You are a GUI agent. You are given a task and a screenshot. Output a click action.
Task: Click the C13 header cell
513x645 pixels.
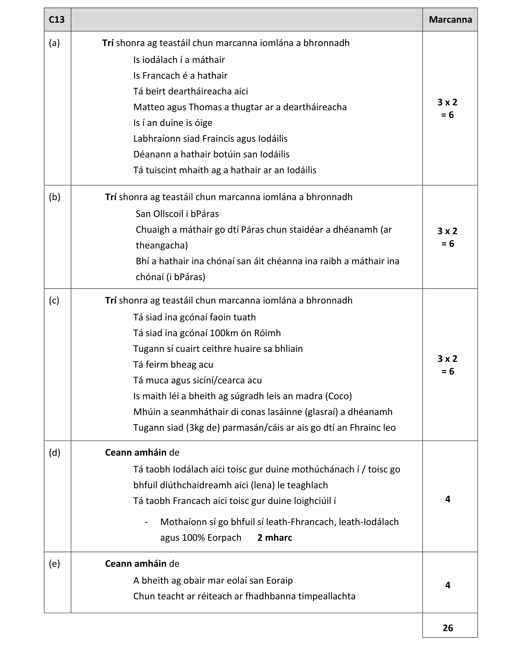click(57, 20)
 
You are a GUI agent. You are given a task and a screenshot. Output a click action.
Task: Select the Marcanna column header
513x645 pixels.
click(450, 20)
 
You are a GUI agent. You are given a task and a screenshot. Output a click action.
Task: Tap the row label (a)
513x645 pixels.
click(54, 43)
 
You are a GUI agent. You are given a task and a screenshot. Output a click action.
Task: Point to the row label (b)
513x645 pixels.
click(54, 197)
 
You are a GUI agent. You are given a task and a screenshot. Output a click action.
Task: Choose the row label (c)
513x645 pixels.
click(54, 300)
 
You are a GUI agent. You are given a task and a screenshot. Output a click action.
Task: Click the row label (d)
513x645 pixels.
click(54, 452)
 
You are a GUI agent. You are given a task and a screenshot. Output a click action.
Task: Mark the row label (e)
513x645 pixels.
click(54, 564)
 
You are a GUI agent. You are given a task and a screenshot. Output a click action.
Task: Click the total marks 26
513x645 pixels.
click(447, 628)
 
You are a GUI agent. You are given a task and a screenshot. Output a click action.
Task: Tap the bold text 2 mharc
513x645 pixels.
click(275, 538)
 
